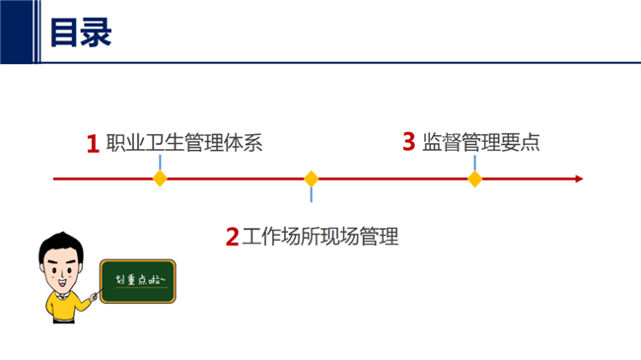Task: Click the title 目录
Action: (x=81, y=33)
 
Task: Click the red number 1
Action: (x=94, y=144)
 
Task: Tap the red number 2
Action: (x=232, y=238)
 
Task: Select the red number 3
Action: (x=409, y=142)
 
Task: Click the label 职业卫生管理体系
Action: (x=184, y=143)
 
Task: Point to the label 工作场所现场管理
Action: (x=320, y=237)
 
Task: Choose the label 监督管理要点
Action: (x=481, y=142)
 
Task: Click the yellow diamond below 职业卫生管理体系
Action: (x=160, y=179)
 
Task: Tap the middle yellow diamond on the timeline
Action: (x=312, y=179)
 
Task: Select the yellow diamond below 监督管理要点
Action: (x=474, y=179)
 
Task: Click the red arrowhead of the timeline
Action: (x=579, y=179)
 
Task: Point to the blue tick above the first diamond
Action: (x=160, y=163)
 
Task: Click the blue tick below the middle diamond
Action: (x=312, y=194)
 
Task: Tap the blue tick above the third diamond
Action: (x=474, y=163)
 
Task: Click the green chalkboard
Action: (x=138, y=281)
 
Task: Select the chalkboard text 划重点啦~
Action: (x=140, y=280)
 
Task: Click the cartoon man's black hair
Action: (x=61, y=244)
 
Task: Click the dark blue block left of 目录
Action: (x=17, y=32)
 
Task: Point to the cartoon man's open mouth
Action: (x=62, y=283)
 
